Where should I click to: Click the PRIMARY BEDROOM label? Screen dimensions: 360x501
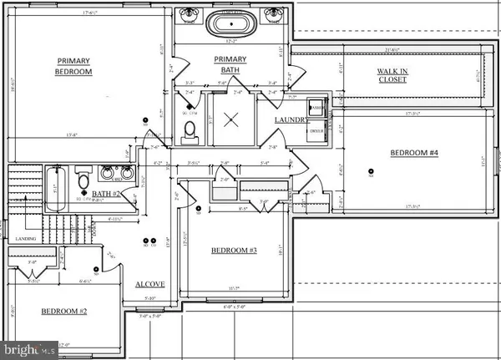(73, 66)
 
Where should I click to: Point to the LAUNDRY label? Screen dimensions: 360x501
(291, 120)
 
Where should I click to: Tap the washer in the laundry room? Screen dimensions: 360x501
(317, 108)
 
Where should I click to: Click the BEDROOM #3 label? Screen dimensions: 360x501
(235, 251)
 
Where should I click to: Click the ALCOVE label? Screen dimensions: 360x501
(150, 284)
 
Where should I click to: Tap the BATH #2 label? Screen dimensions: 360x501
(106, 194)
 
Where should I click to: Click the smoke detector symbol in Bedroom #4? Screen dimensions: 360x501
(370, 173)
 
